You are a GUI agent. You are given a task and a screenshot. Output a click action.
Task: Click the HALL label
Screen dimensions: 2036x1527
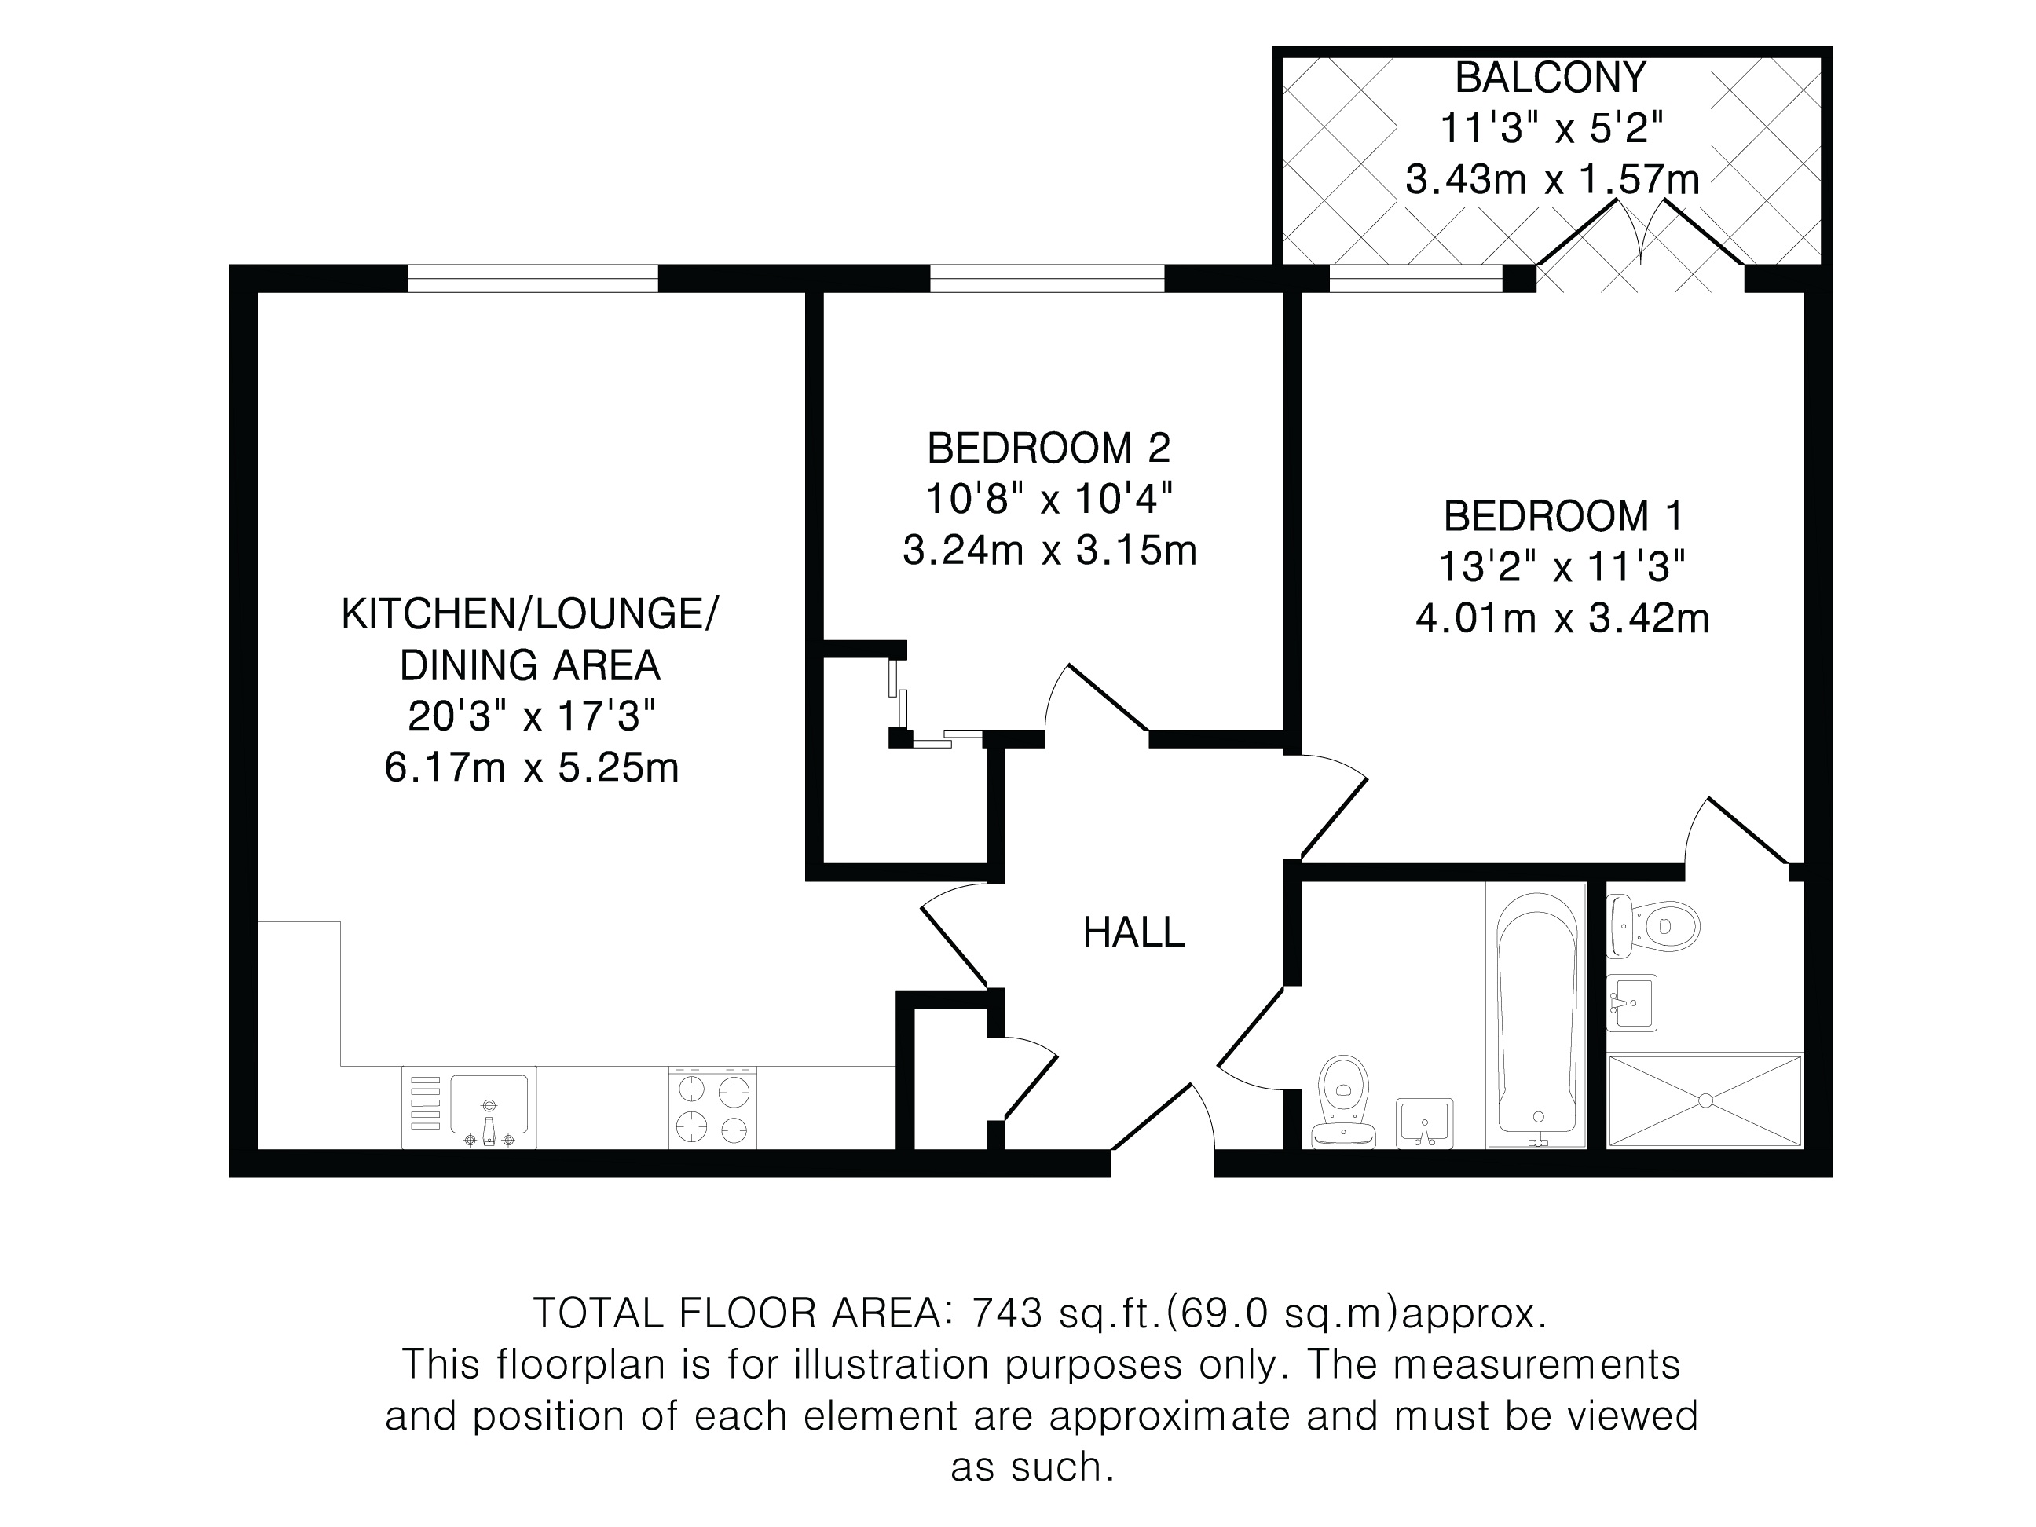click(1133, 933)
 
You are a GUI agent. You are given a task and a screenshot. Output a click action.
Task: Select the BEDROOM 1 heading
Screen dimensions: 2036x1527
click(1563, 515)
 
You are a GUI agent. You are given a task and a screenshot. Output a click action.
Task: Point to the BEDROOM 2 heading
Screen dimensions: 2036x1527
click(1049, 449)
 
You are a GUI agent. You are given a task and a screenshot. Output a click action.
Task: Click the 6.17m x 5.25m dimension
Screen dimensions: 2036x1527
click(531, 767)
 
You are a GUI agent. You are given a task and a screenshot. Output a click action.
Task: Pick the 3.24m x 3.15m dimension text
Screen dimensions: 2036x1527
click(1049, 551)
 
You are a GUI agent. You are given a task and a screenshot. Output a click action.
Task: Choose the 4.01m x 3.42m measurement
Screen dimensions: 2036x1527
click(1562, 618)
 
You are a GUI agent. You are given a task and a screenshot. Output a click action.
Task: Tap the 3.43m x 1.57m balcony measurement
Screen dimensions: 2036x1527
click(1552, 179)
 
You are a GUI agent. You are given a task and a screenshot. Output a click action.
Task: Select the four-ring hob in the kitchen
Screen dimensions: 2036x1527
click(712, 1108)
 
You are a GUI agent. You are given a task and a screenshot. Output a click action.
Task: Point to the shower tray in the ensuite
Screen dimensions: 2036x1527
click(1705, 1100)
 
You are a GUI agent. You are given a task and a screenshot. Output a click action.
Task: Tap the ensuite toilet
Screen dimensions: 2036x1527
click(1653, 926)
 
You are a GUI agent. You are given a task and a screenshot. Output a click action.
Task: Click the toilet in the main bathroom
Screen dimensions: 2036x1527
click(1343, 1103)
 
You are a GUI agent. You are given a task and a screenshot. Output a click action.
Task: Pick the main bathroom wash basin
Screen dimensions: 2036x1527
click(1425, 1123)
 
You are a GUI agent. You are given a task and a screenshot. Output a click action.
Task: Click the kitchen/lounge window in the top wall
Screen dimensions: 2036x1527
click(533, 278)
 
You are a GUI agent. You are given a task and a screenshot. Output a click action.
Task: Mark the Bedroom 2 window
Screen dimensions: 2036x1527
click(1047, 278)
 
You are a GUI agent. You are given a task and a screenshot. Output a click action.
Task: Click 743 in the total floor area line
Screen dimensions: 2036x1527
click(1007, 1313)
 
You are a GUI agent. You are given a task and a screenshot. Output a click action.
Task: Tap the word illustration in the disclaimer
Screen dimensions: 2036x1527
click(890, 1364)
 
